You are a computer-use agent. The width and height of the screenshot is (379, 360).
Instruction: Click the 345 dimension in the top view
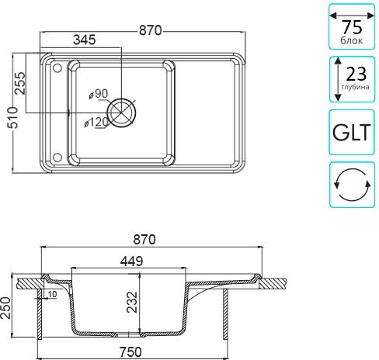click(x=85, y=40)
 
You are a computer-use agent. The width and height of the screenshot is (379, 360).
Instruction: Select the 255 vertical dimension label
click(x=20, y=83)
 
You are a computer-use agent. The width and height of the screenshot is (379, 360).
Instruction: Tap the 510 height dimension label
click(x=13, y=117)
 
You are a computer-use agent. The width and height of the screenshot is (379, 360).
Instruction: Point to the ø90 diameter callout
click(x=99, y=94)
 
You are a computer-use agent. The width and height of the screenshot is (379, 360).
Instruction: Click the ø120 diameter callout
click(x=96, y=122)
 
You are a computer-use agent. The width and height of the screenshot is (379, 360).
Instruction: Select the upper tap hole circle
click(x=57, y=68)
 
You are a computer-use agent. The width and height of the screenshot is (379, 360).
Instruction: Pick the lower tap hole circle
click(x=57, y=157)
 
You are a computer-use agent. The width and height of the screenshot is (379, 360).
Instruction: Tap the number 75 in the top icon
click(x=352, y=27)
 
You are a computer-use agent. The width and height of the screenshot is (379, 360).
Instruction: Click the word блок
click(x=351, y=40)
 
